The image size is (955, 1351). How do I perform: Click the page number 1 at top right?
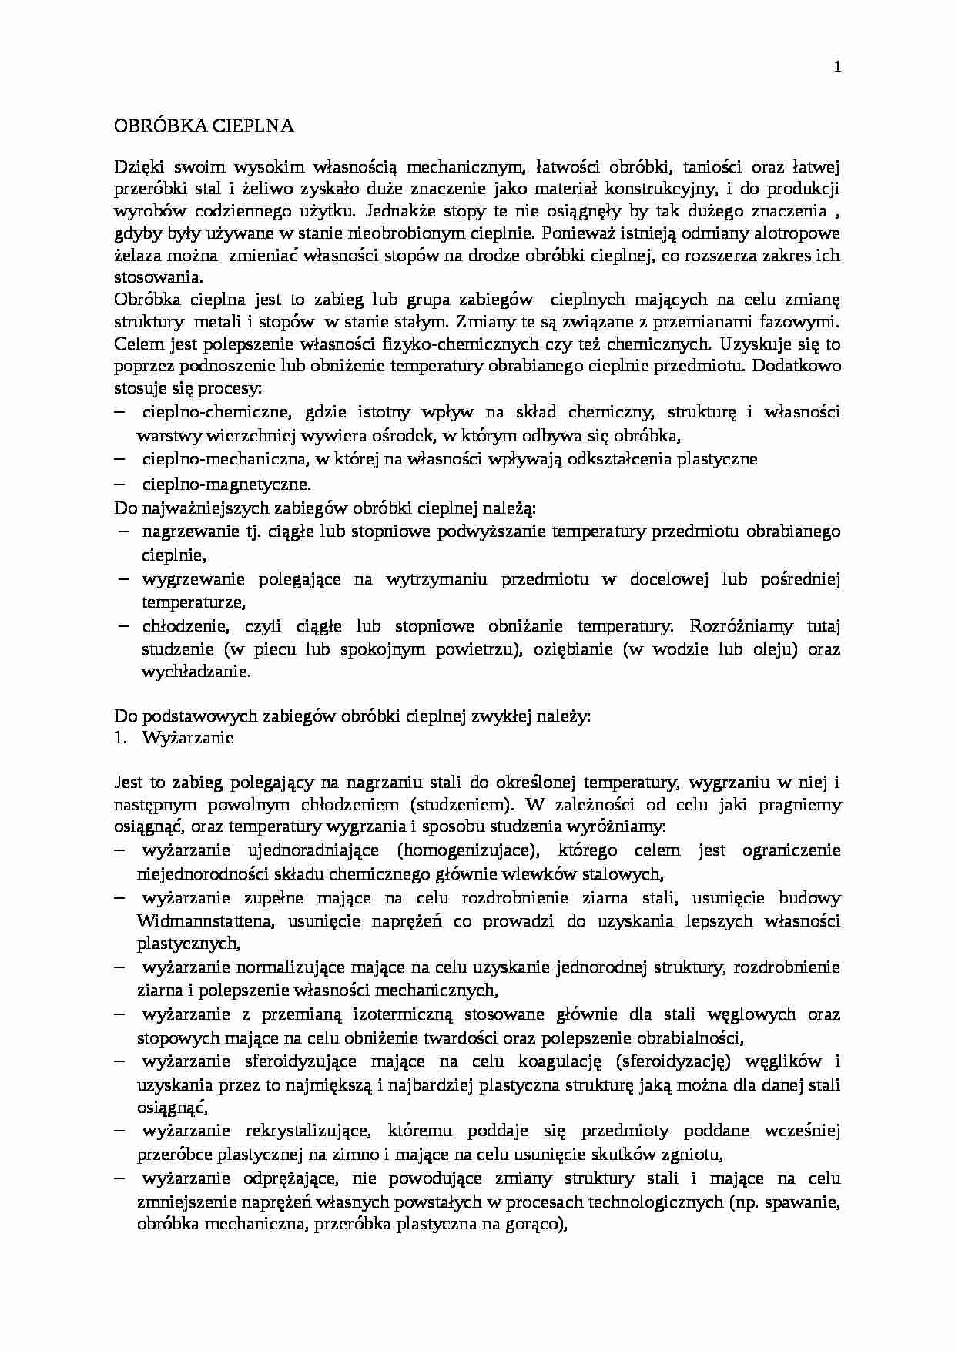(x=837, y=67)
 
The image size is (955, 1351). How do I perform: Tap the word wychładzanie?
(x=196, y=671)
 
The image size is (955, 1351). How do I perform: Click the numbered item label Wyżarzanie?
(x=188, y=738)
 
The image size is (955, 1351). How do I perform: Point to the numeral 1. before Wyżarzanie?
(x=119, y=738)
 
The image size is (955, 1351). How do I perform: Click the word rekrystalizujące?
(x=309, y=1131)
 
